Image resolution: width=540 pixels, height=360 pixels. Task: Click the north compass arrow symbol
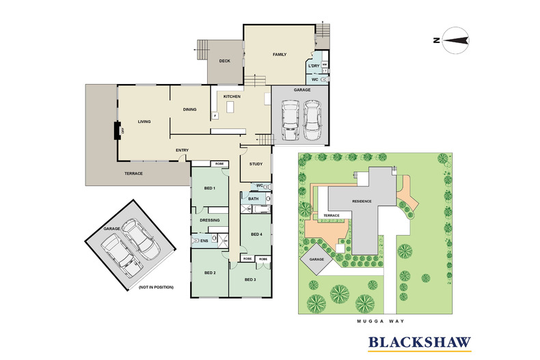coord(456,40)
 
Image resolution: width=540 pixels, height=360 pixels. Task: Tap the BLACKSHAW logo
coord(420,343)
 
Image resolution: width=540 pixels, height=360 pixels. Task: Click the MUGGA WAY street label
coord(380,321)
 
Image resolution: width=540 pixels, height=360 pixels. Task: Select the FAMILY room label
coord(280,55)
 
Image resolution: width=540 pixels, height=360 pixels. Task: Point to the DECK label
coord(224,61)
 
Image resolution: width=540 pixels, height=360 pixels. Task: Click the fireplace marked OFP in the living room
coord(118,130)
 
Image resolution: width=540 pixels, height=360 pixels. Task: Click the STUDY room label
coord(256,164)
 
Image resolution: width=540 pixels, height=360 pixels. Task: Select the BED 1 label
coord(210,189)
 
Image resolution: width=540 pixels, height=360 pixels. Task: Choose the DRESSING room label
coord(210,220)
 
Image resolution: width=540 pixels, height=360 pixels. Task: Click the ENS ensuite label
coord(204,241)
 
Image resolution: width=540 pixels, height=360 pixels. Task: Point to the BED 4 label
coord(256,234)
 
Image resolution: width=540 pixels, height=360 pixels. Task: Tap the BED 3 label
coord(250,279)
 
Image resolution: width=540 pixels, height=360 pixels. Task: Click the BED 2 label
coord(210,273)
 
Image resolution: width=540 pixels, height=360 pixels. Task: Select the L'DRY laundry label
coord(314,66)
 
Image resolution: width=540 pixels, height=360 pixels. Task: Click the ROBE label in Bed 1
coord(219,164)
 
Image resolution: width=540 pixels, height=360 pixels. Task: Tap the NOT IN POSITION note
coord(156,287)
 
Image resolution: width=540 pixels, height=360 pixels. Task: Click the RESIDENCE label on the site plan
coord(362,202)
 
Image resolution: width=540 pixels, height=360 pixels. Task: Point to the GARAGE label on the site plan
coord(316,259)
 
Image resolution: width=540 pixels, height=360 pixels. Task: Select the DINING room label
coord(190,109)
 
